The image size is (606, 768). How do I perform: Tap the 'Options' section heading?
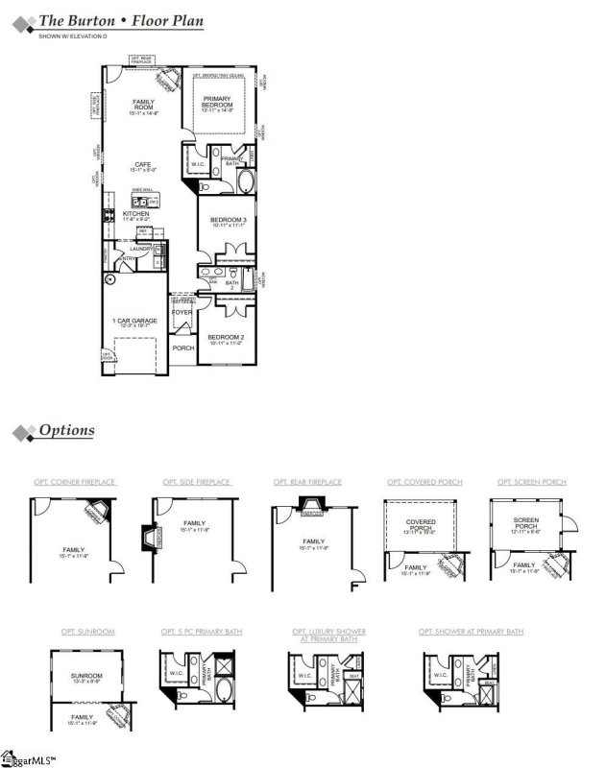(x=66, y=430)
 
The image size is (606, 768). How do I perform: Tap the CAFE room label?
(x=143, y=165)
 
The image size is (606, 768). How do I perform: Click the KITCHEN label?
(x=134, y=214)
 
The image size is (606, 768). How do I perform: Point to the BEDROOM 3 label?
(x=229, y=221)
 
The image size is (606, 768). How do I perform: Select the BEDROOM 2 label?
(x=228, y=338)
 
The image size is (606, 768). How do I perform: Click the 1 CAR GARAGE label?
(x=135, y=320)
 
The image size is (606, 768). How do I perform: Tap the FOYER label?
(x=181, y=312)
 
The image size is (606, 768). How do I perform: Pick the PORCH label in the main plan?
(x=182, y=348)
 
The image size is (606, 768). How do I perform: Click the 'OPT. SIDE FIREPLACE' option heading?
(x=196, y=482)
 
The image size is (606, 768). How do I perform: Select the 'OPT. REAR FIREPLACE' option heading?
(x=307, y=482)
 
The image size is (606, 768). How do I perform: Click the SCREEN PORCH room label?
(x=526, y=525)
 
